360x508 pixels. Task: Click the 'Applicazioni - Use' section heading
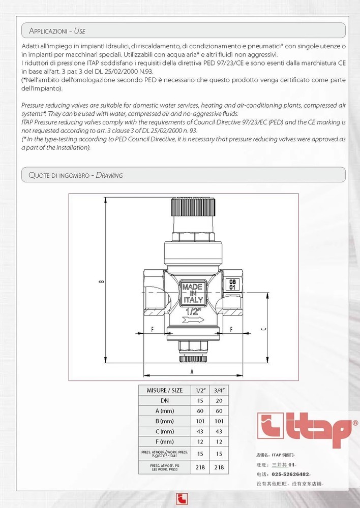point(57,31)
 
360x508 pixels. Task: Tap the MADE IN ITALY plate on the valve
point(193,294)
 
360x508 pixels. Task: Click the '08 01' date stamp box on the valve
point(232,284)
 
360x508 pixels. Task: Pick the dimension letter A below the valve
point(192,371)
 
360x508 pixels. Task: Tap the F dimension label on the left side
point(153,329)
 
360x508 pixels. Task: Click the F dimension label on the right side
point(231,329)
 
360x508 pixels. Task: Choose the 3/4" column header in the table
point(220,391)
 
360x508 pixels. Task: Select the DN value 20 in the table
point(220,400)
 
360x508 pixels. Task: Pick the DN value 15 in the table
point(200,400)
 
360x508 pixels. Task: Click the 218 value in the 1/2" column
point(200,467)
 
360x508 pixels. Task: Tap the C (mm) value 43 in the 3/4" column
point(220,431)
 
